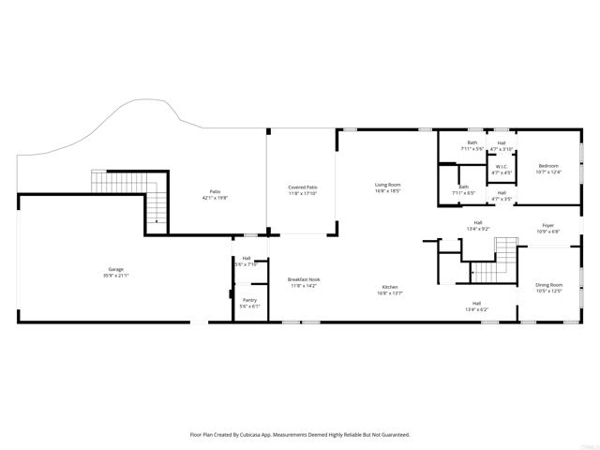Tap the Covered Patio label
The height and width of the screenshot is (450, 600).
302,187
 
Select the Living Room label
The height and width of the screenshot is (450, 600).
388,185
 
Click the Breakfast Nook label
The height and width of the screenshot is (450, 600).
304,279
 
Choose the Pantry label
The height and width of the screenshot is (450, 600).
248,300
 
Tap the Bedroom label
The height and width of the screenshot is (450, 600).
547,166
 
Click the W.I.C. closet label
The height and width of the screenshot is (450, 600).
502,167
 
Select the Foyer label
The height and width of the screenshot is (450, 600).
547,224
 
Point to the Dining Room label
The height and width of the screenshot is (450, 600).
548,284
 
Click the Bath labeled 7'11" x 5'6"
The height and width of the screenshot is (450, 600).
472,143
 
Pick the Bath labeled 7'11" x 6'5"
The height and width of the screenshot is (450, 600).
463,187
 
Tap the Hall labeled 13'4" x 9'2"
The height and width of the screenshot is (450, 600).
477,223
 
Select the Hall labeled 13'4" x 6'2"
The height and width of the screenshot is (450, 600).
477,303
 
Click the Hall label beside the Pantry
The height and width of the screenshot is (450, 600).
247,259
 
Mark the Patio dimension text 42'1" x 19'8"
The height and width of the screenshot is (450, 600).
216,199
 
